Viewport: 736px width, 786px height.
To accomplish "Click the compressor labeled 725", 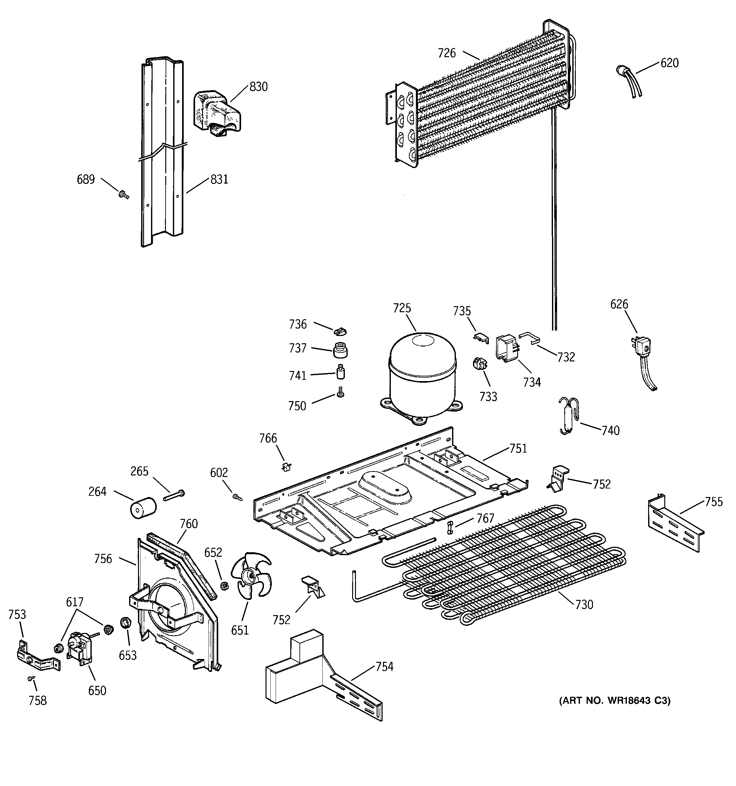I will coord(422,376).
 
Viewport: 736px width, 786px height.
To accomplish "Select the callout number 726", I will coord(446,53).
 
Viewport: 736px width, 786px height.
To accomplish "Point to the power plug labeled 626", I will coord(642,349).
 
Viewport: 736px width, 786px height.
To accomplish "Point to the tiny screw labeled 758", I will coord(31,678).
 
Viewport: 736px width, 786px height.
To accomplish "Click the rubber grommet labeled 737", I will coord(340,350).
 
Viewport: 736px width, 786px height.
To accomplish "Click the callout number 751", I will coord(518,448).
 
